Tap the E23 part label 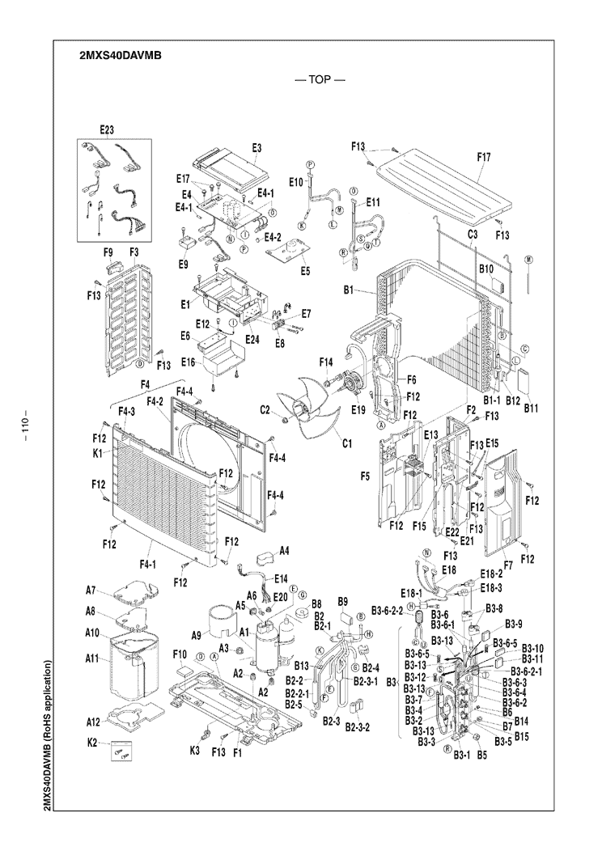coord(108,129)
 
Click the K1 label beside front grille coord(97,453)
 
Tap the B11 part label coord(530,409)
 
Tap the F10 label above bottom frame coord(180,653)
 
